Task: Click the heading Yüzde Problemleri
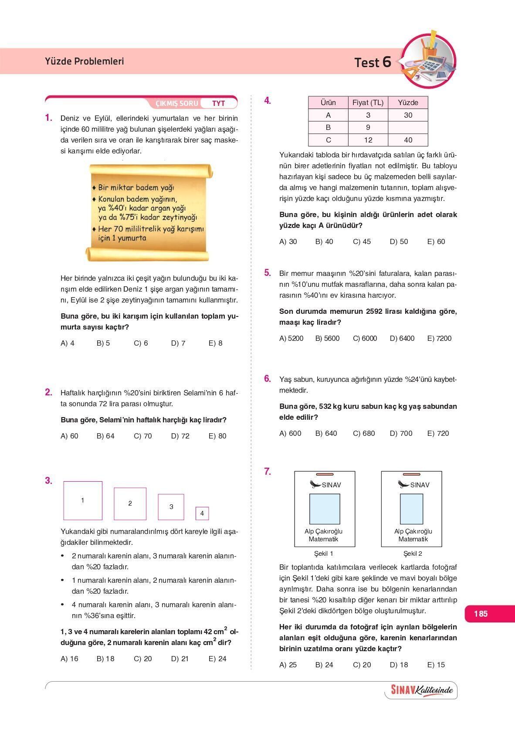(84, 61)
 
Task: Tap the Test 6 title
(373, 62)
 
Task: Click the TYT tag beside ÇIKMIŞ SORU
(218, 103)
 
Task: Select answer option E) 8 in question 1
(215, 343)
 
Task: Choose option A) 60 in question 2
(69, 436)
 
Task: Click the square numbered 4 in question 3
(202, 513)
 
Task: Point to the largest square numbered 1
(83, 500)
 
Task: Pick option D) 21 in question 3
(180, 659)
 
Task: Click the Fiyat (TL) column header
(368, 102)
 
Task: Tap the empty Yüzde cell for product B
(408, 127)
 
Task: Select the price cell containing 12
(368, 140)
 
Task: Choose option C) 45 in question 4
(362, 241)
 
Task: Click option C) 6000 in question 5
(365, 338)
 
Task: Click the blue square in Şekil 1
(325, 509)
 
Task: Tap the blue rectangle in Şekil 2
(412, 509)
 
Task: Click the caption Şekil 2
(412, 554)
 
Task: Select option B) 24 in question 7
(324, 665)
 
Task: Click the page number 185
(481, 614)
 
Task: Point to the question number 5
(267, 273)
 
